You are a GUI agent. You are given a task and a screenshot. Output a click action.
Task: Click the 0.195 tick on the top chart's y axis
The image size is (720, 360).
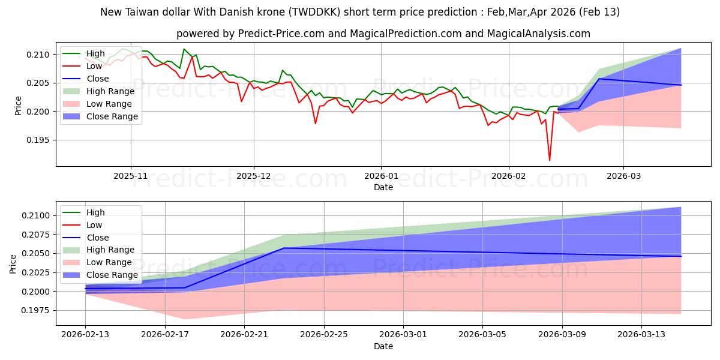pyautogui.click(x=41, y=140)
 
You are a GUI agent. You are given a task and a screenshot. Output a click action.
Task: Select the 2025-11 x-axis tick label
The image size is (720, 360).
pyautogui.click(x=130, y=176)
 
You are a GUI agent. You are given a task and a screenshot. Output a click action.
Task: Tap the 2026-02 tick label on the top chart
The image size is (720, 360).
pyautogui.click(x=509, y=176)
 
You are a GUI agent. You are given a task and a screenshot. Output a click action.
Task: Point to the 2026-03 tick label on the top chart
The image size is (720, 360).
pyautogui.click(x=623, y=176)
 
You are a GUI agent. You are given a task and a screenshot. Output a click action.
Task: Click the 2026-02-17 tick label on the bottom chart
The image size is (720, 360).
pyautogui.click(x=165, y=334)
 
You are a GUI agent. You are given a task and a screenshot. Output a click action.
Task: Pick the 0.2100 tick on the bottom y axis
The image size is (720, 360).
pyautogui.click(x=37, y=215)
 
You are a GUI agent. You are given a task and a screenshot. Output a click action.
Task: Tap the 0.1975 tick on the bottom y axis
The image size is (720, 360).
pyautogui.click(x=37, y=311)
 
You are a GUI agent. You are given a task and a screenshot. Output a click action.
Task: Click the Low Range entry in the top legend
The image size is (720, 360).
pyautogui.click(x=108, y=104)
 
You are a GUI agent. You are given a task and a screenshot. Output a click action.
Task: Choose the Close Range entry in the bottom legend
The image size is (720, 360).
pyautogui.click(x=112, y=275)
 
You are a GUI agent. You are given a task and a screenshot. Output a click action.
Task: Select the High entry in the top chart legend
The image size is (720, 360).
pyautogui.click(x=95, y=53)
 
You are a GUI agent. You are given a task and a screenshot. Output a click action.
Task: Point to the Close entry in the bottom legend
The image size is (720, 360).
pyautogui.click(x=98, y=238)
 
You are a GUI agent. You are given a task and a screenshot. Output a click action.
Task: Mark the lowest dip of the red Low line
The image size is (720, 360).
pyautogui.click(x=549, y=160)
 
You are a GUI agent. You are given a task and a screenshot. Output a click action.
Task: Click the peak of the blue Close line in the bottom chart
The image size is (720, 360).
pyautogui.click(x=284, y=248)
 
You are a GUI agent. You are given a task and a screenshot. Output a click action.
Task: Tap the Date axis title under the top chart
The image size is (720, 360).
pyautogui.click(x=383, y=187)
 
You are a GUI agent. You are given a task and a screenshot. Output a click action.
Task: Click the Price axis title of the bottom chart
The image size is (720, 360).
pyautogui.click(x=13, y=263)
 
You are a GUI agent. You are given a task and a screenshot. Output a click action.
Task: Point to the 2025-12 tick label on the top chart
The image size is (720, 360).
pyautogui.click(x=254, y=176)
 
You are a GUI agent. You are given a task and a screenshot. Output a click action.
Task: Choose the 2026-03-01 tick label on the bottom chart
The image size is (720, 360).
pyautogui.click(x=403, y=334)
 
